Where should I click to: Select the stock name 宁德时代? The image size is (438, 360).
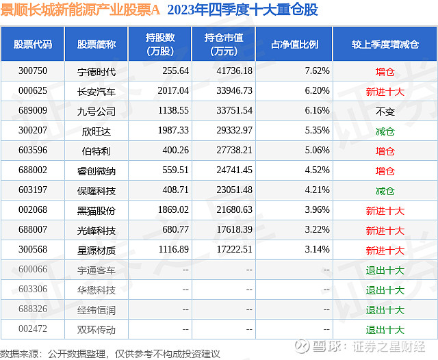[96, 70]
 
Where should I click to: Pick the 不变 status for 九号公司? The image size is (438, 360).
[385, 110]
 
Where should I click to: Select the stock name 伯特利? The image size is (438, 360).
[96, 151]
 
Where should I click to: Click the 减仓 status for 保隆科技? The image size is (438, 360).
[385, 190]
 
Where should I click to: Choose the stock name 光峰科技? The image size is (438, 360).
[96, 231]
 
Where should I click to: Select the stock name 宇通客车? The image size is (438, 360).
[96, 270]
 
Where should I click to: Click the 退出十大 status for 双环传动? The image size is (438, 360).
[385, 330]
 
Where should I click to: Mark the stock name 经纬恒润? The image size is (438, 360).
[96, 310]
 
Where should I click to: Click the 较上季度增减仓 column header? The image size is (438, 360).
[385, 44]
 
